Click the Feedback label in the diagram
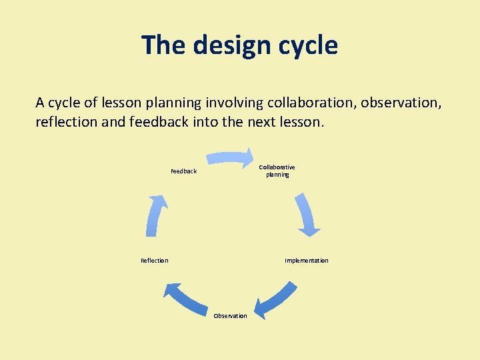183,171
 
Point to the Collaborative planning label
277,171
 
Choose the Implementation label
306,261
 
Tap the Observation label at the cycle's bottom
230,316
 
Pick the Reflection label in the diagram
155,261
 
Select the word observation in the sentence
401,103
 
